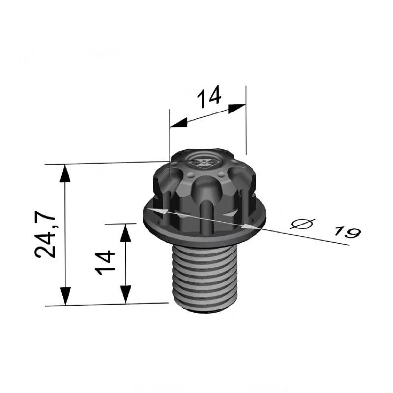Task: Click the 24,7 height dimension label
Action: click(45, 235)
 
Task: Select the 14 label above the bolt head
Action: click(209, 96)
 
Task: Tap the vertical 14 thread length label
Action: click(105, 262)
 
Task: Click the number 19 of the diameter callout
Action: click(347, 232)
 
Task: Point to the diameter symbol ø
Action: click(303, 224)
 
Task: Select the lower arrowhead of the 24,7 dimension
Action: click(65, 296)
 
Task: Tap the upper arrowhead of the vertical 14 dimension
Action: click(126, 233)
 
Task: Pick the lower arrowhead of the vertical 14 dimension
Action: click(126, 294)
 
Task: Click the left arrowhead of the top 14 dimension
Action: click(179, 122)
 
